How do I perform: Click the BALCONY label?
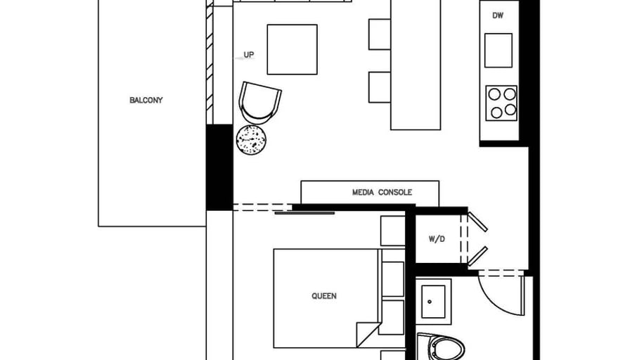(146, 100)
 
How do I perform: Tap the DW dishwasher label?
(498, 15)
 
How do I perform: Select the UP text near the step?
(249, 55)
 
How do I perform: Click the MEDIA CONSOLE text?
(382, 193)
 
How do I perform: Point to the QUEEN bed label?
(324, 296)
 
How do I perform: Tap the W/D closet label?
(437, 239)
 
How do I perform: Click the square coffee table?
(292, 49)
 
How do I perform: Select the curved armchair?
(259, 103)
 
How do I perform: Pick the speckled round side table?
(251, 140)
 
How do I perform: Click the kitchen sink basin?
(499, 50)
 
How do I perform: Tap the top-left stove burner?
(494, 94)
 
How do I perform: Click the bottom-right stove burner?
(510, 110)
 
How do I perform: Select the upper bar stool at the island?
(380, 34)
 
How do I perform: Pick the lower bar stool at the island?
(380, 87)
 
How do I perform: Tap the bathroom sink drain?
(430, 302)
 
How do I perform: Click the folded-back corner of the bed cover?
(368, 334)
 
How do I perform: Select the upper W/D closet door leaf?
(477, 221)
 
